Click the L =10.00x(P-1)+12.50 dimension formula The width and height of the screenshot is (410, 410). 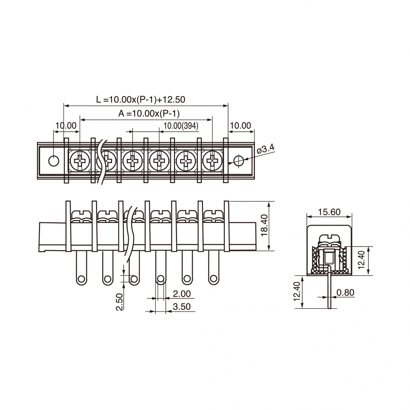pyautogui.click(x=141, y=99)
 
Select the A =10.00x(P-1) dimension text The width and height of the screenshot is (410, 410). pyautogui.click(x=149, y=114)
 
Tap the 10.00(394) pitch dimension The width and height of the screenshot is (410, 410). pyautogui.click(x=181, y=126)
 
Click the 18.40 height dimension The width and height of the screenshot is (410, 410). pyautogui.click(x=265, y=226)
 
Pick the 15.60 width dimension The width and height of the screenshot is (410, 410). pyautogui.click(x=329, y=212)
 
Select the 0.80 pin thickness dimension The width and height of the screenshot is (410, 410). pyautogui.click(x=345, y=292)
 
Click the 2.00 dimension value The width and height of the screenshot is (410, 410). pyautogui.click(x=182, y=294)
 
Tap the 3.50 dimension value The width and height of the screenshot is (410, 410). pyautogui.click(x=182, y=306)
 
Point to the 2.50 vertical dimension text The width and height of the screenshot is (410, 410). pyautogui.click(x=120, y=302)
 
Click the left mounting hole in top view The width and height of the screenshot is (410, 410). pyautogui.click(x=54, y=161)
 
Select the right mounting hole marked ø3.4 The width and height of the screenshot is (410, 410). pyautogui.click(x=239, y=160)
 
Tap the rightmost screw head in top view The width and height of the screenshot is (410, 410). pyautogui.click(x=212, y=161)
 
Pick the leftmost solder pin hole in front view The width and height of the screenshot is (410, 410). pyautogui.click(x=82, y=279)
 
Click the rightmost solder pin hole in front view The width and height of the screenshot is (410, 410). pyautogui.click(x=214, y=279)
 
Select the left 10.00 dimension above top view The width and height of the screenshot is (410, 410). pyautogui.click(x=66, y=126)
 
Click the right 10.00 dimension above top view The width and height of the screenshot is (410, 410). pyautogui.click(x=241, y=126)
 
